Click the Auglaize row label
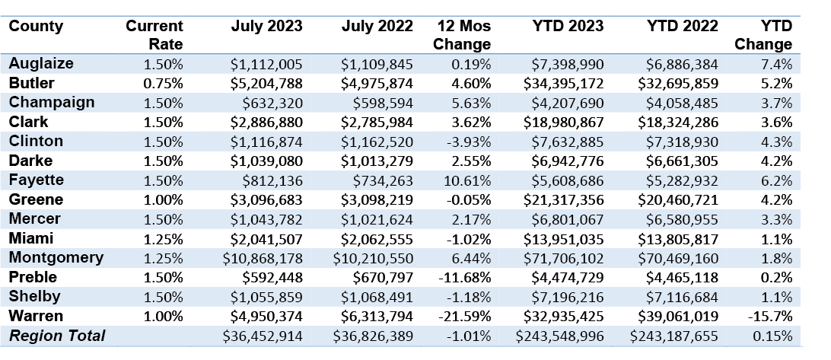[x=41, y=64]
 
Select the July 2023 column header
[x=266, y=26]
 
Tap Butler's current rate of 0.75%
[x=163, y=84]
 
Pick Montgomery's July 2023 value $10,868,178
[x=263, y=259]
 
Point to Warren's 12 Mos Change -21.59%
[x=465, y=317]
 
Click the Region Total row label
[x=58, y=336]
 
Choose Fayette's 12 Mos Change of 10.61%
[x=467, y=181]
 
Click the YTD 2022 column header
[x=683, y=26]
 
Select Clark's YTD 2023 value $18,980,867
[x=563, y=123]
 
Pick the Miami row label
[x=31, y=238]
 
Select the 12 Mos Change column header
[x=462, y=35]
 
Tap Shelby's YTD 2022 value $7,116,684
[x=682, y=297]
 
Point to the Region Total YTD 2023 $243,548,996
[x=559, y=336]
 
